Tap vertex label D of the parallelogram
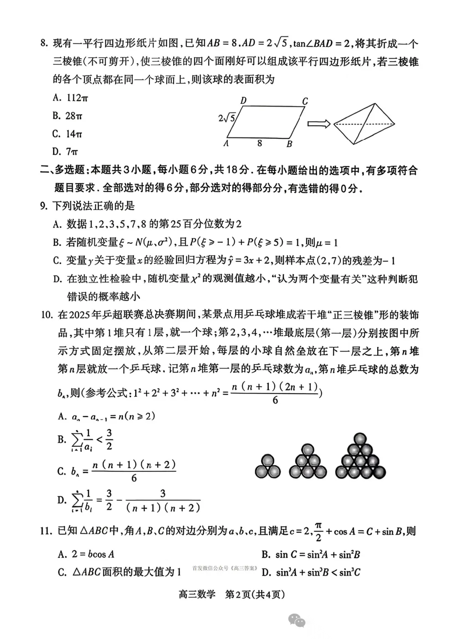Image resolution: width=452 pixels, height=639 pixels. (243, 101)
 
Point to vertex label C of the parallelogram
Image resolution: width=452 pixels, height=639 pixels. (305, 101)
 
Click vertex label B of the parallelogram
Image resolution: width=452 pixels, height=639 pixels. (289, 144)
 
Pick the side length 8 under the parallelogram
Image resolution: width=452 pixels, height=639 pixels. (259, 143)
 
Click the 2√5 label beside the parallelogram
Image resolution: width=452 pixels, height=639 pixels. (226, 118)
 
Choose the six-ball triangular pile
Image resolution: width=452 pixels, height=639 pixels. (308, 461)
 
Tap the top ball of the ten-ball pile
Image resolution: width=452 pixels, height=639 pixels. (360, 439)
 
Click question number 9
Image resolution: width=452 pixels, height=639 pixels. (44, 206)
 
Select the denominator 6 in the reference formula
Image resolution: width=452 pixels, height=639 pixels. (275, 400)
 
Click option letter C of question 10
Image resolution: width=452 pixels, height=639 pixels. (62, 471)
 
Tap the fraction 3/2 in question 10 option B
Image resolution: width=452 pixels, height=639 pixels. (109, 439)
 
